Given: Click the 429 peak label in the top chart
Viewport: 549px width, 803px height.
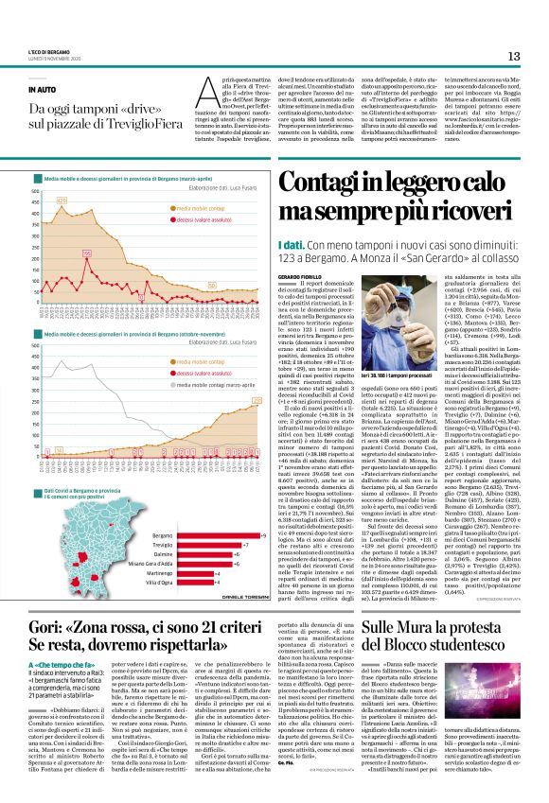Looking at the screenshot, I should tap(62, 201).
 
